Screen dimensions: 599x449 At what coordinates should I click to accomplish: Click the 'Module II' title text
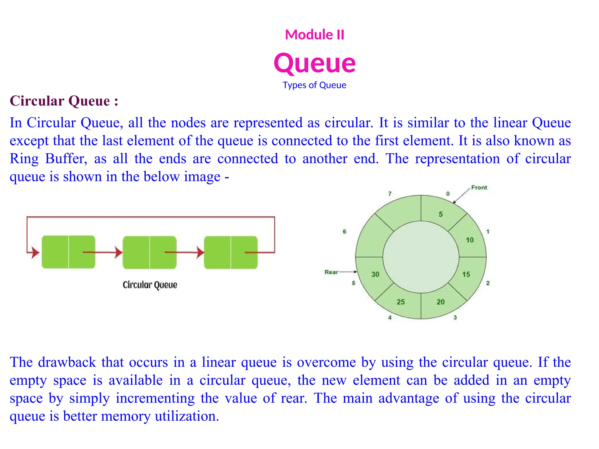tap(314, 34)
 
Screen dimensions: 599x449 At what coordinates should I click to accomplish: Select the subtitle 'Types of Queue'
tap(314, 85)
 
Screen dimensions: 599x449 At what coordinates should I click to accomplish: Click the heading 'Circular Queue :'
tap(64, 101)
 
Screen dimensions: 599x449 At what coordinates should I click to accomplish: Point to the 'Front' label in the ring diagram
tap(479, 187)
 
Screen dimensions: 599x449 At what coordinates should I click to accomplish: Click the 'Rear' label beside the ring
tap(331, 272)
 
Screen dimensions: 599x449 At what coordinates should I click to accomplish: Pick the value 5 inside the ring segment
tap(440, 214)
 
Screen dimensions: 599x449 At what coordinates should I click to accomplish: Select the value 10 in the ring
tap(469, 240)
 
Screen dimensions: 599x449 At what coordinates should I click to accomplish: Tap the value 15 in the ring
tap(466, 274)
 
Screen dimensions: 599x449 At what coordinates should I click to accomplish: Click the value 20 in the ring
tap(440, 302)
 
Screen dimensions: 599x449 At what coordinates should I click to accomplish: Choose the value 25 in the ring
tap(401, 302)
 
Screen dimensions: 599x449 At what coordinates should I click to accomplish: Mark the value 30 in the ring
tap(375, 274)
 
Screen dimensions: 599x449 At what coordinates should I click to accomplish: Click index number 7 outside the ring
tap(390, 194)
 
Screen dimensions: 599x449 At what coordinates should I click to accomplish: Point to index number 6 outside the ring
tap(344, 232)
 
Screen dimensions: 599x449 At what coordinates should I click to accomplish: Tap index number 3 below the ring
tap(455, 317)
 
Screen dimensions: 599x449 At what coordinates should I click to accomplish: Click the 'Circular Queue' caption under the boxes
tap(150, 285)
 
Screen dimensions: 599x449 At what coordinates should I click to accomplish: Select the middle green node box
tap(149, 252)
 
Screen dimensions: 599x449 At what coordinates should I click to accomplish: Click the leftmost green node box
tap(68, 252)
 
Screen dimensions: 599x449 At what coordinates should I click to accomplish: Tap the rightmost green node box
tap(231, 252)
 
